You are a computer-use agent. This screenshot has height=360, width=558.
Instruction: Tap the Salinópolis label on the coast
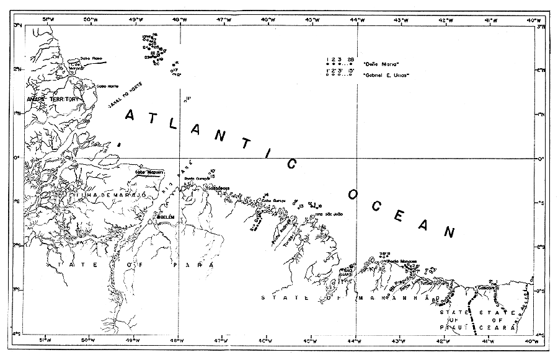pyautogui.click(x=218, y=188)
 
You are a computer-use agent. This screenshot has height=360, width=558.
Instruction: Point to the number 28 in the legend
pyautogui.click(x=351, y=58)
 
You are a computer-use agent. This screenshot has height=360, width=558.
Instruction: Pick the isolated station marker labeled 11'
pyautogui.click(x=188, y=98)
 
